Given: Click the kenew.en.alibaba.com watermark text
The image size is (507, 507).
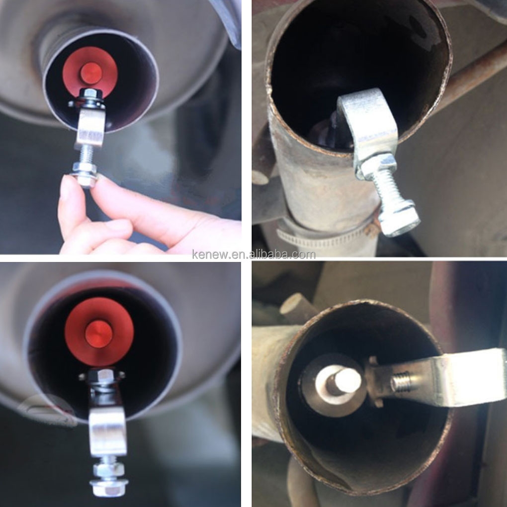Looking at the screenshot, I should point(253,255).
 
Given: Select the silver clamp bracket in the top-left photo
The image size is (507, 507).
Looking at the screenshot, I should point(90,127).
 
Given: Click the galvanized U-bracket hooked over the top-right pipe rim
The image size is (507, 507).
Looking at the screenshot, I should point(370,127).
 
